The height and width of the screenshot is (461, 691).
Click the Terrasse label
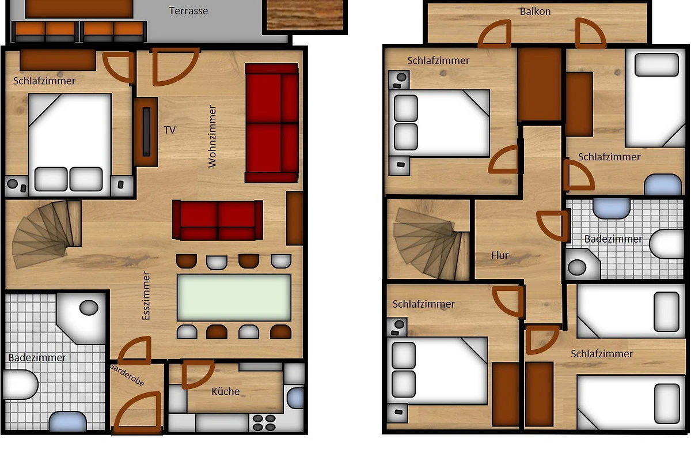tap(188, 11)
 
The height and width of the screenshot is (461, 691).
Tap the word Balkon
tap(535, 12)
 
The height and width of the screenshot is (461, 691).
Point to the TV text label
tap(170, 130)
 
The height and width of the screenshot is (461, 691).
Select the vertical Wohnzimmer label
tap(212, 136)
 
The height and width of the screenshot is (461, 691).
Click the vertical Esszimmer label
tap(146, 296)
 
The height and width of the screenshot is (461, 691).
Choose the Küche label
tap(226, 391)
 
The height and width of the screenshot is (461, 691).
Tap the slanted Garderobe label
tap(127, 375)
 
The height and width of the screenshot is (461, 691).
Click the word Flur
tap(500, 255)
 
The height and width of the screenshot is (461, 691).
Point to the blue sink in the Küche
tap(295, 398)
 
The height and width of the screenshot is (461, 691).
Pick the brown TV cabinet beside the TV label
tap(146, 132)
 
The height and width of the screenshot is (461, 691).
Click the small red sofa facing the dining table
tap(218, 220)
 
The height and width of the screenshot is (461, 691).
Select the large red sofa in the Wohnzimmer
tap(272, 123)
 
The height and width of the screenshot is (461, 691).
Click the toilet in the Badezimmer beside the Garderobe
tap(20, 385)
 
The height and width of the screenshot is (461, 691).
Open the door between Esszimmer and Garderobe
tap(135, 350)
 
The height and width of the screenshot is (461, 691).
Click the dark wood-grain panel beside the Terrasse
tap(305, 15)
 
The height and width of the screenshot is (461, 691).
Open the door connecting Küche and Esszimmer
tap(198, 373)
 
